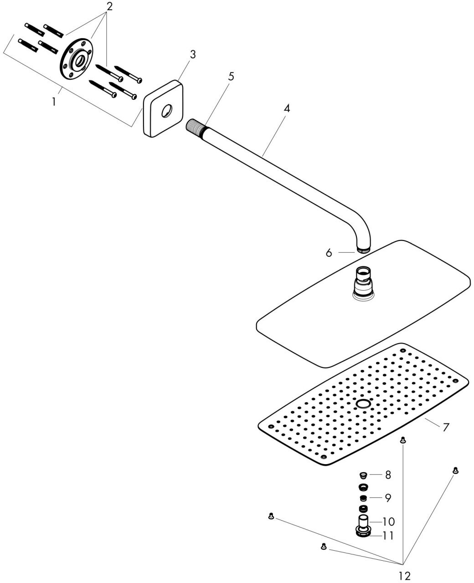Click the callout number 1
coord(54,102)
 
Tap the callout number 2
coord(109,6)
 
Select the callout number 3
coord(193,55)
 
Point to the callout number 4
coord(287,108)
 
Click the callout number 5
coord(232,77)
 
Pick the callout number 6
coord(329,253)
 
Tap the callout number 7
coord(446,427)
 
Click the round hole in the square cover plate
coord(166,111)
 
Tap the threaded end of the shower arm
coord(194,127)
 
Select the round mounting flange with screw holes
coord(77,60)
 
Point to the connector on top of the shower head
coord(363,283)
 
